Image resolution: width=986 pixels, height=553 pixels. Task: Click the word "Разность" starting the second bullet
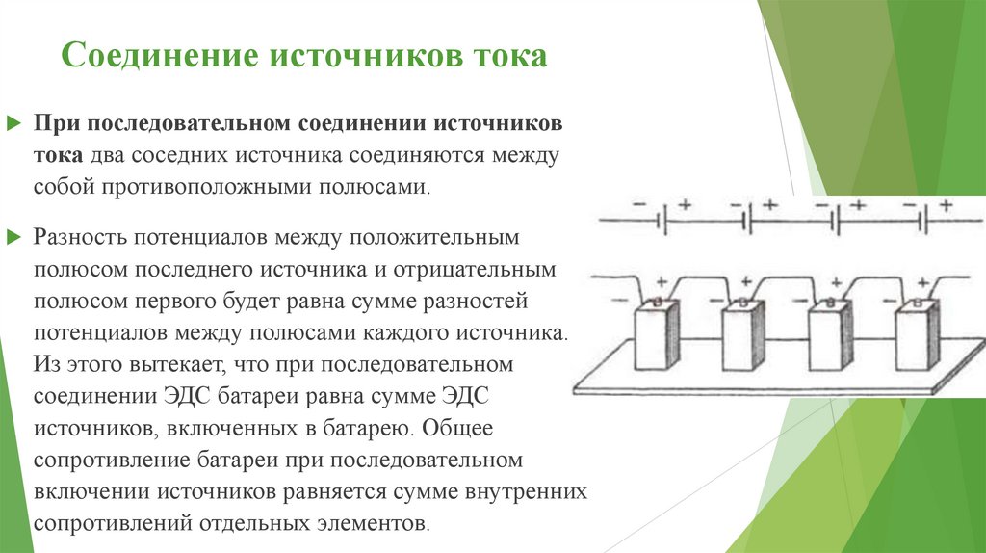pos(76,236)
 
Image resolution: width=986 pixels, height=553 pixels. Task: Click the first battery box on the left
pos(656,337)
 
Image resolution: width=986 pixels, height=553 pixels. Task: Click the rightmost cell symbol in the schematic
pos(923,220)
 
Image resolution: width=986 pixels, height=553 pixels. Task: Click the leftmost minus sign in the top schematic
pos(639,205)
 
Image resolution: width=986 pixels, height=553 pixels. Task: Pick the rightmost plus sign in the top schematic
pos(947,204)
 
